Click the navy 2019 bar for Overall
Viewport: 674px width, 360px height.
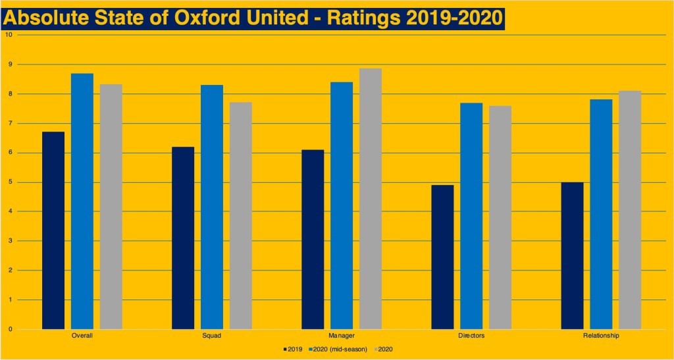[x=53, y=230]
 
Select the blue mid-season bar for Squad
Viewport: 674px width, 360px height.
[x=212, y=207]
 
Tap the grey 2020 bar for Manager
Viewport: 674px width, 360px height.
[x=371, y=199]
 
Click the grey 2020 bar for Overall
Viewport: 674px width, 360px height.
[x=111, y=207]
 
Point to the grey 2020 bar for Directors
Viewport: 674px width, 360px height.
[x=500, y=217]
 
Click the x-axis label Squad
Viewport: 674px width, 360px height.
[x=212, y=336]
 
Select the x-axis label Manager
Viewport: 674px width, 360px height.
[x=342, y=336]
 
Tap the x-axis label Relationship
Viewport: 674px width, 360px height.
[x=601, y=336]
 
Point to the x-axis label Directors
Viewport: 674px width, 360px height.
[x=471, y=336]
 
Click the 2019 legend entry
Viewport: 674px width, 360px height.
[x=293, y=348]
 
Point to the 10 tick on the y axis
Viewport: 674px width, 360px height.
[x=8, y=35]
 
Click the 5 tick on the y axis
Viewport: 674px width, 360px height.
[x=9, y=182]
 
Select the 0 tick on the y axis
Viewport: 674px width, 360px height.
[x=9, y=329]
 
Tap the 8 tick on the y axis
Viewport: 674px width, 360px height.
[x=9, y=94]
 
